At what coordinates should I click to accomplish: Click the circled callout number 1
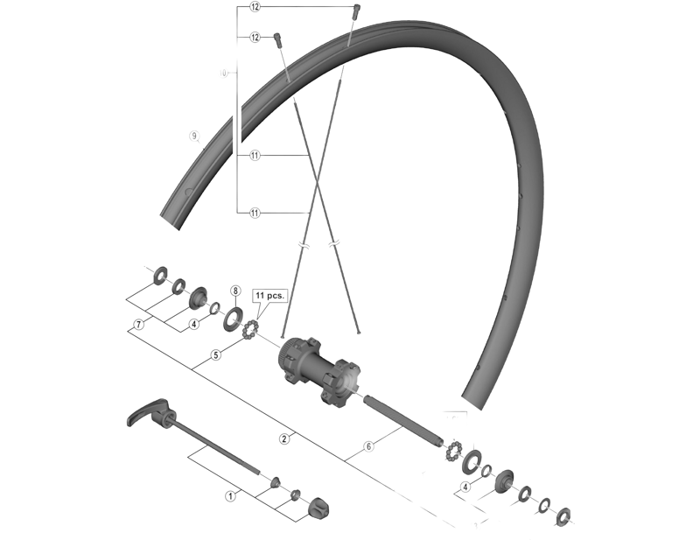point(231,494)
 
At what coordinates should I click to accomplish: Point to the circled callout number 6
point(368,446)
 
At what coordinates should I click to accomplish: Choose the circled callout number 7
point(138,324)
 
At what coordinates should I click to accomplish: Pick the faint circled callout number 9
point(194,136)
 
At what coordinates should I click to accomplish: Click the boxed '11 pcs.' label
point(269,297)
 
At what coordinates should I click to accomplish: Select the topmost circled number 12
point(255,7)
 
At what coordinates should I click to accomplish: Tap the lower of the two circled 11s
point(255,212)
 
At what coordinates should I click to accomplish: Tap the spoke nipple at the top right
point(355,11)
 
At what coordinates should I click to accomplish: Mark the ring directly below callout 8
point(234,316)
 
